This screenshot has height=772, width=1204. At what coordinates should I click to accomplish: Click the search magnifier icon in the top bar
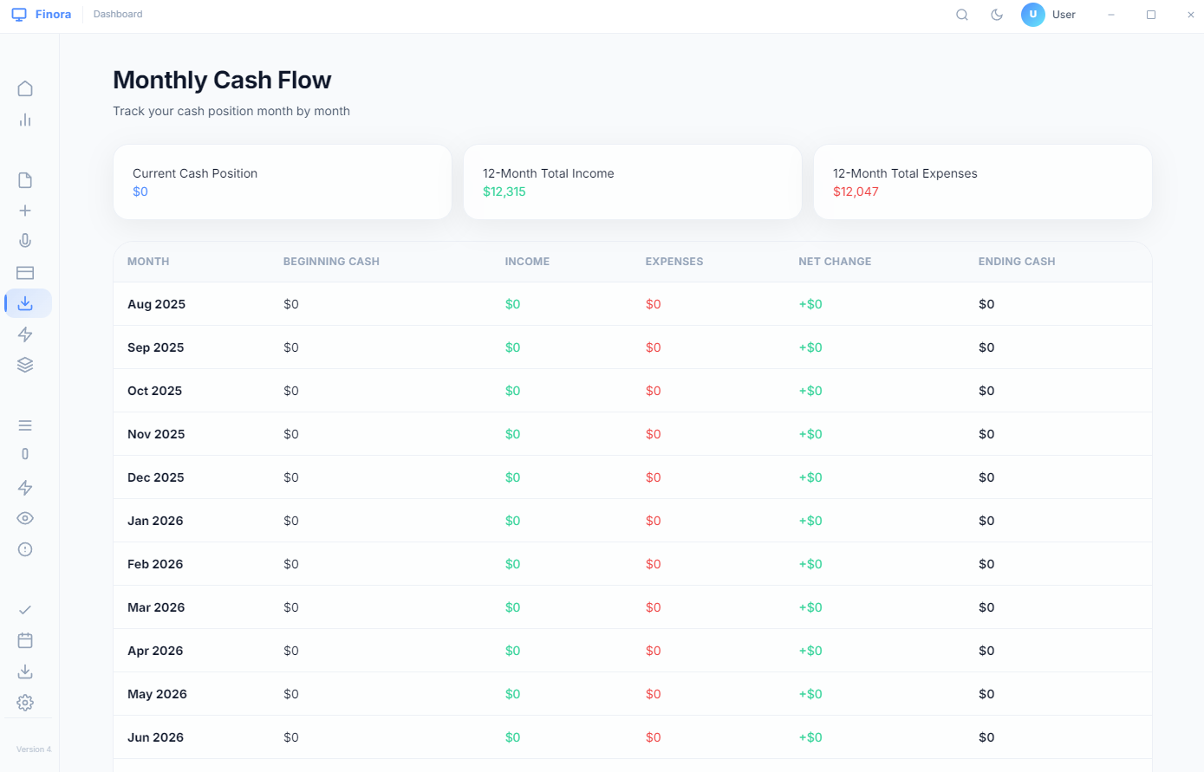961,15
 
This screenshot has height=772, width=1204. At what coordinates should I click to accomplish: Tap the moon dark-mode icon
997,15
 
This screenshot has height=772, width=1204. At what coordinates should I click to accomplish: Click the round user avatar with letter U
1032,15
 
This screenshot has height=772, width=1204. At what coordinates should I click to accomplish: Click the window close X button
1190,15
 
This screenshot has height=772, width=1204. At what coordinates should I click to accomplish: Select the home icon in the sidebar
25,88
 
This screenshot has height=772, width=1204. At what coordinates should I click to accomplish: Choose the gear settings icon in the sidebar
25,702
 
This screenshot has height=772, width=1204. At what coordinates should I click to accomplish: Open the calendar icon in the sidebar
25,640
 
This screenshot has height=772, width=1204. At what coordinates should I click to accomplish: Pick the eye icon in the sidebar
25,518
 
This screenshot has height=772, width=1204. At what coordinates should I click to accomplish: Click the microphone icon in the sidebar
25,241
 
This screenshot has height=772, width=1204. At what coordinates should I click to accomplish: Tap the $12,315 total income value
504,191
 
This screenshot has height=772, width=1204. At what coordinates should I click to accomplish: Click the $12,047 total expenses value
856,191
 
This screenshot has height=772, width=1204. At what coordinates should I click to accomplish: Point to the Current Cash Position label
194,173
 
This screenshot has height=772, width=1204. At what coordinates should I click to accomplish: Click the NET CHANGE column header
834,262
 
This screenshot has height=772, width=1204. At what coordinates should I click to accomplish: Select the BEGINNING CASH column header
331,262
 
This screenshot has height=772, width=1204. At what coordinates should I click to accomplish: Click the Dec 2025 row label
155,477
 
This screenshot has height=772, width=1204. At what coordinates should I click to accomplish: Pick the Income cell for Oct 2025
512,391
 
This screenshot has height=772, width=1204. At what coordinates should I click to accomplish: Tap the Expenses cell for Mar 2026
653,607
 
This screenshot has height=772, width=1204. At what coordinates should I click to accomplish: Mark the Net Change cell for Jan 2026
810,521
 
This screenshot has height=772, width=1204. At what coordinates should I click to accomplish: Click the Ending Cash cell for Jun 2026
986,737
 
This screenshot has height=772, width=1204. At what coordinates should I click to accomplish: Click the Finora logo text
53,15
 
